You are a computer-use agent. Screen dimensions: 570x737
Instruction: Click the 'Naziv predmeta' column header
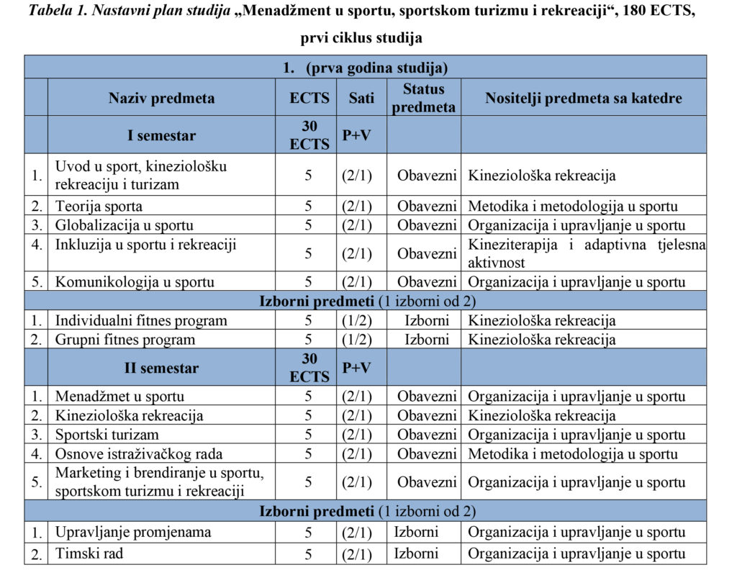pos(161,98)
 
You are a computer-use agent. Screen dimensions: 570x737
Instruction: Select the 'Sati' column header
pos(361,98)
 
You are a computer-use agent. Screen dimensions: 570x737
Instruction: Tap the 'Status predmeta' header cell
pos(424,98)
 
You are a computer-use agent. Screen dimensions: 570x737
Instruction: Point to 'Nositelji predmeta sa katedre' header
pos(583,98)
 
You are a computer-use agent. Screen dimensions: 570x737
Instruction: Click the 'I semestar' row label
pos(161,135)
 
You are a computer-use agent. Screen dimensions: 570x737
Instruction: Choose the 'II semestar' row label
pos(161,368)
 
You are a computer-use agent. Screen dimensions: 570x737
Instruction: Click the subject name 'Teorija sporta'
pos(99,207)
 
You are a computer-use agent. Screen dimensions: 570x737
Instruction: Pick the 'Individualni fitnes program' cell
pos(141,321)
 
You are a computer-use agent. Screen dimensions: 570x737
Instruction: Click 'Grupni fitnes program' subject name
pos(125,340)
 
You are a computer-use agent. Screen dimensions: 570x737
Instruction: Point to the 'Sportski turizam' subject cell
pos(107,435)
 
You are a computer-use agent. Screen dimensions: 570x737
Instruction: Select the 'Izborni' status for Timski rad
pos(416,554)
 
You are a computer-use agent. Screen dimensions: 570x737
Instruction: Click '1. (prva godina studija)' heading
pos(366,68)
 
